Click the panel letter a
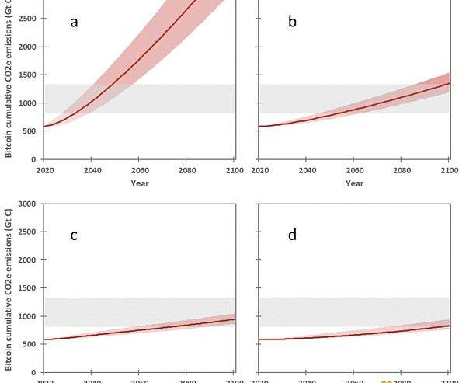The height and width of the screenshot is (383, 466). point(75,22)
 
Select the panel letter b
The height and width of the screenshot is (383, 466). point(292,22)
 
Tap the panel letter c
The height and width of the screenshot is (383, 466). point(75,235)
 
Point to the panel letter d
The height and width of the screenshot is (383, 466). point(292,235)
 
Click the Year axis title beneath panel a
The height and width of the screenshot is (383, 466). point(140,183)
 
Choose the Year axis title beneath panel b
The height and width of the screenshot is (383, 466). point(354,183)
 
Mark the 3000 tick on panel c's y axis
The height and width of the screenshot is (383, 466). point(28,204)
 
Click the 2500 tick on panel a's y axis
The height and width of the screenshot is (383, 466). point(28,19)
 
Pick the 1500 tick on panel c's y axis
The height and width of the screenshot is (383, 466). point(28,288)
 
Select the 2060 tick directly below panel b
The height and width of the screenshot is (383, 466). point(354,169)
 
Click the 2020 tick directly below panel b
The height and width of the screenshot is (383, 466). point(260,169)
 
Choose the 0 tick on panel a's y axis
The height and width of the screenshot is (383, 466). point(35,158)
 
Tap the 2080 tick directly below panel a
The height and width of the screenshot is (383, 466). point(186,169)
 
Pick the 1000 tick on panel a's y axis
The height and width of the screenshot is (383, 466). point(28,103)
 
